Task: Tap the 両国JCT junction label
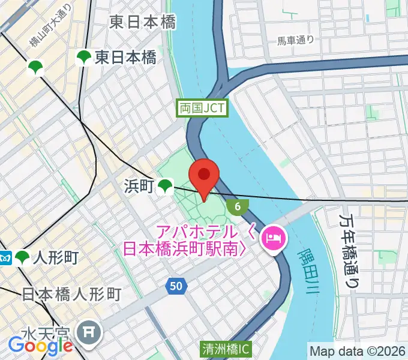click(202, 108)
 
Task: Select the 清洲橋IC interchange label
click(226, 348)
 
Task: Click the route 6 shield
click(238, 207)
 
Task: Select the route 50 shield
click(175, 287)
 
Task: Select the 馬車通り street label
click(295, 41)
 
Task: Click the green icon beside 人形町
click(23, 258)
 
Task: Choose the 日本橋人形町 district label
click(71, 294)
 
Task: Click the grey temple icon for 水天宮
click(91, 331)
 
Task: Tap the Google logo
click(40, 345)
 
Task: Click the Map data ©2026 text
click(357, 350)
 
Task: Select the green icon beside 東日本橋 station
click(83, 58)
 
